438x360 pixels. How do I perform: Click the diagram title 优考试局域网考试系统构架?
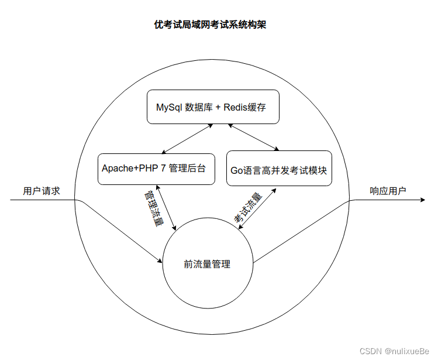pos(210,25)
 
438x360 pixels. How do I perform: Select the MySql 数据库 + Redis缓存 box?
pos(212,107)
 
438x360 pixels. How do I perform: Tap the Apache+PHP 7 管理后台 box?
pos(156,169)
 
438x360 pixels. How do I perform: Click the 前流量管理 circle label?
pos(207,265)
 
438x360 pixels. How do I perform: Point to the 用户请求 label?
pos(42,191)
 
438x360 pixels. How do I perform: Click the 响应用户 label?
pos(388,191)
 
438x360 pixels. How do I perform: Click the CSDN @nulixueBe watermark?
pos(394,351)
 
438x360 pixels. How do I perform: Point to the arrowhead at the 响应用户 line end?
pos(422,200)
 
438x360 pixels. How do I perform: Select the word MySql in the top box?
pos(169,108)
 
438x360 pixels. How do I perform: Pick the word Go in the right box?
pos(236,171)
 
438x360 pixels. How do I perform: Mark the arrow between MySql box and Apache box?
pos(187,139)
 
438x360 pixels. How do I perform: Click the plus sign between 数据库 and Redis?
pos(216,108)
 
